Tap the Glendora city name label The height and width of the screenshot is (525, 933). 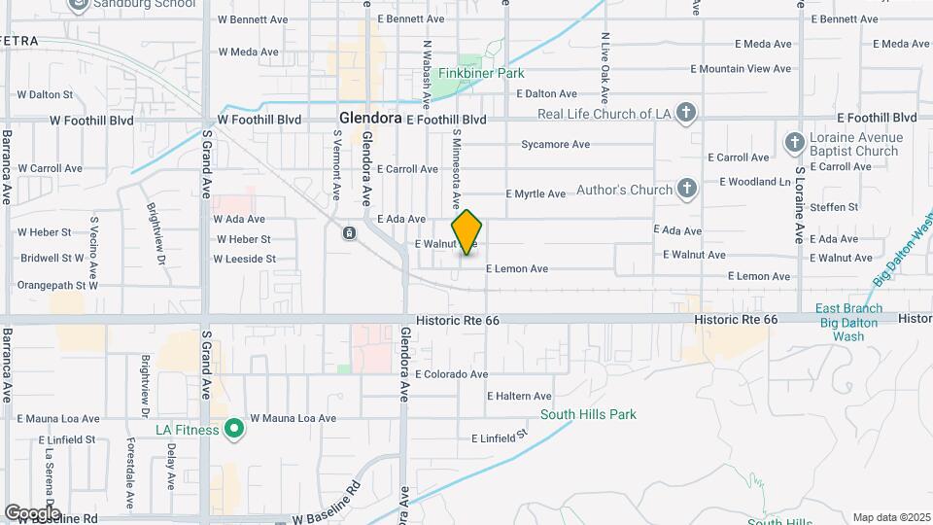click(370, 118)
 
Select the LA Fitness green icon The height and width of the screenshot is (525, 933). click(233, 428)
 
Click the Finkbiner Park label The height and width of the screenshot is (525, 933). click(481, 73)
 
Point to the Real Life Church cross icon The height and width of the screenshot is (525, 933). click(686, 113)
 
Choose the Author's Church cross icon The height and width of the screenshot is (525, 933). click(687, 189)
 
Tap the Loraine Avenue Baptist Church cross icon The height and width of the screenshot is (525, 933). click(794, 144)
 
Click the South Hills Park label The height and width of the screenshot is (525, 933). click(588, 414)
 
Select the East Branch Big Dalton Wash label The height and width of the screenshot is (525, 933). click(848, 323)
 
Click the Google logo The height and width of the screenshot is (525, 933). click(31, 512)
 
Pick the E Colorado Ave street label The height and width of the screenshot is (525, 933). click(451, 374)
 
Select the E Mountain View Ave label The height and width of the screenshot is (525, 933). click(741, 69)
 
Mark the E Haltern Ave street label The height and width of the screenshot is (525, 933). click(519, 397)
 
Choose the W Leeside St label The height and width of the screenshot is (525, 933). click(244, 260)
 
